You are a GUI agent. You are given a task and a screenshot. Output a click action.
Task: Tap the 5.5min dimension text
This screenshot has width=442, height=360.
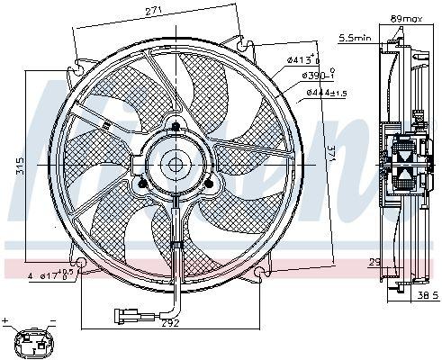pyautogui.click(x=353, y=37)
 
